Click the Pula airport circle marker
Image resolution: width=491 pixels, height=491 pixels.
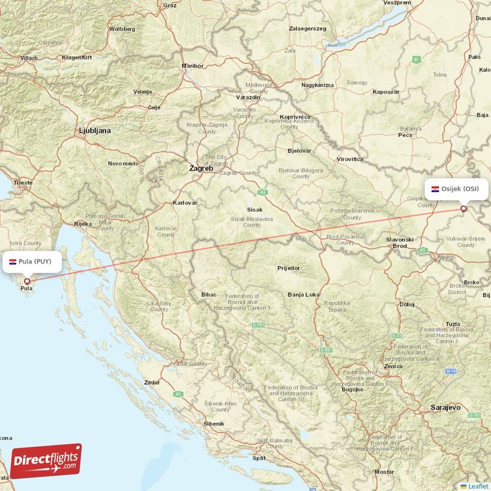coord(27,281)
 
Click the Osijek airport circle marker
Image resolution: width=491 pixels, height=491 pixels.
coord(464,209)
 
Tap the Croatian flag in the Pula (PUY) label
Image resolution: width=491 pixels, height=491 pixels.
coord(12,261)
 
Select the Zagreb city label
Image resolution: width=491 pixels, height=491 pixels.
coord(201,168)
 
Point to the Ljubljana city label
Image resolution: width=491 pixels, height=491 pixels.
coord(95,131)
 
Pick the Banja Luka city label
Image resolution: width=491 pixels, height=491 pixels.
coord(303,295)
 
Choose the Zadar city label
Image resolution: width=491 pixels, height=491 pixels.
coord(152,382)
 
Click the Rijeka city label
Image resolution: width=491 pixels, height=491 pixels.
coord(83,224)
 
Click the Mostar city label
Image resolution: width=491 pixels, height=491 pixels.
coord(384,472)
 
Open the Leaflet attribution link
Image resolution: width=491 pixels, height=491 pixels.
coord(477,485)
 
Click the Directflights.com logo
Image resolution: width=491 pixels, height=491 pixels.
coord(46,461)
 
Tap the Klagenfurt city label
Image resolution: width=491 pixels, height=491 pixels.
coord(77,58)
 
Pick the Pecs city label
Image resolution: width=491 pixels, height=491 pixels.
coord(405,135)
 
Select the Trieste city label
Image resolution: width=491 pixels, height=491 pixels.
coord(24,183)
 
